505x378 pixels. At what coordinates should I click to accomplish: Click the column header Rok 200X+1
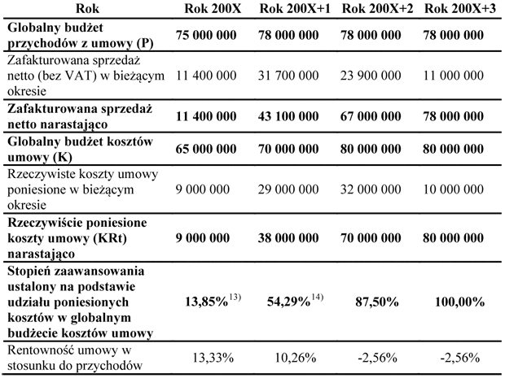[295, 9]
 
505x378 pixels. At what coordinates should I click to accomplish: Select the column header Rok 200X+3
[460, 9]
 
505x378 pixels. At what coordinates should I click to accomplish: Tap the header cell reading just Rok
[87, 9]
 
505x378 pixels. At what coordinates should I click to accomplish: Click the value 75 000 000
[206, 35]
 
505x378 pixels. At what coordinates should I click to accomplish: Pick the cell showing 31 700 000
[288, 76]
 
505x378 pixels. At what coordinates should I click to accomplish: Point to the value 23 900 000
[371, 76]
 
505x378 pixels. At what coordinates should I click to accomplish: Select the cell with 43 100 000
[288, 116]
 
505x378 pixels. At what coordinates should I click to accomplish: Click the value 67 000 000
[371, 116]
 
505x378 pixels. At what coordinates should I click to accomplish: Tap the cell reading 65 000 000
[206, 149]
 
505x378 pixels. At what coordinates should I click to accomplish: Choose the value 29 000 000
[288, 189]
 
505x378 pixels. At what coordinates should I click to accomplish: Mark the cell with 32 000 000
[371, 189]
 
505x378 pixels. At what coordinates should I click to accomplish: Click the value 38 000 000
[288, 238]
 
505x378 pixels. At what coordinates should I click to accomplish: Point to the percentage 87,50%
[377, 302]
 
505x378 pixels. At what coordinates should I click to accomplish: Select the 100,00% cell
[459, 302]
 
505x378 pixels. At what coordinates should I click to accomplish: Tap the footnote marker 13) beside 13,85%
[235, 298]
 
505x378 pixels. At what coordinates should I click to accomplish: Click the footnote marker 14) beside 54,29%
[317, 298]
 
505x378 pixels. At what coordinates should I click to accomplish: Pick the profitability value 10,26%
[295, 358]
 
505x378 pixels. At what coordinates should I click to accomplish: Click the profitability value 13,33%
[213, 358]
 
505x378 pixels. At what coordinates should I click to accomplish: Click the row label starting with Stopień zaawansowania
[80, 302]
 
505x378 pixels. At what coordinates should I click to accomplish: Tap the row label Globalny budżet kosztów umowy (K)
[80, 149]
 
